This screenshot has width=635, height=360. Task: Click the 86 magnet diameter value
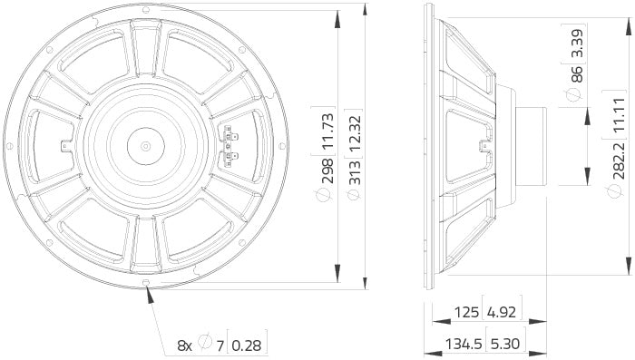pos(575,95)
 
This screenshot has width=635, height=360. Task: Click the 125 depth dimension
pos(467,314)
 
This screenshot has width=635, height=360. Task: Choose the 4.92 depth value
pos(503,314)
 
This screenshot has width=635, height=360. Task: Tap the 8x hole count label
pos(184,345)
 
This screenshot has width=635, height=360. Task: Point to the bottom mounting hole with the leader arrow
pos(147,290)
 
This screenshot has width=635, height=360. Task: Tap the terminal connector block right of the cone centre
pos(230,145)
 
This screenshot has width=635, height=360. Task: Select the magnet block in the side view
pos(532,146)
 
